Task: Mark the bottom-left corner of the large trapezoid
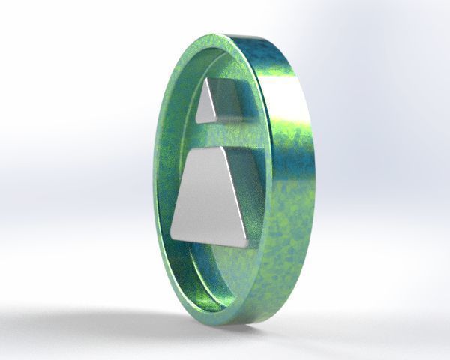tap(172, 233)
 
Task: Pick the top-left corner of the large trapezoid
tap(196, 149)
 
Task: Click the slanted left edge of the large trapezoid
tap(184, 191)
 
